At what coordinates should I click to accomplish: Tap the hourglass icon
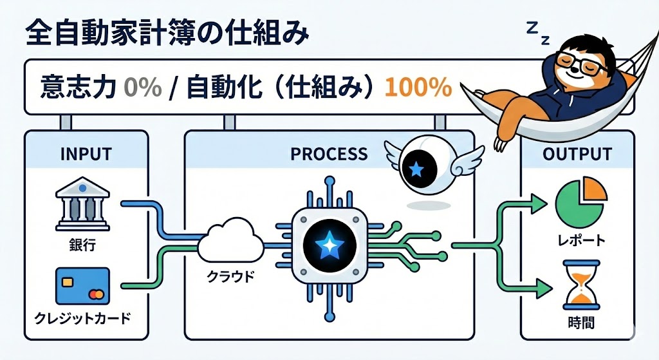(580, 283)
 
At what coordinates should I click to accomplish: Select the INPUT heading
(86, 155)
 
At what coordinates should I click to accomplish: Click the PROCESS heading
(329, 155)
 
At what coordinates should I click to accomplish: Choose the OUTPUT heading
(577, 155)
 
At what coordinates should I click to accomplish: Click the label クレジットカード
(81, 319)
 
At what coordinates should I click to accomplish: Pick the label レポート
(580, 241)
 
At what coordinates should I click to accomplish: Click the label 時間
(580, 321)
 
